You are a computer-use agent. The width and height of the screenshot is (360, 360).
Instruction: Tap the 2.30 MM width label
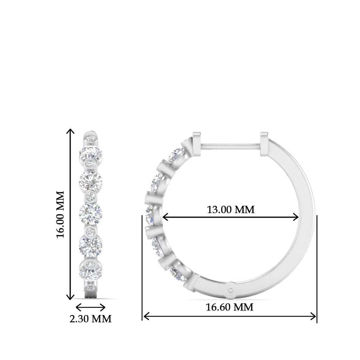point(91,319)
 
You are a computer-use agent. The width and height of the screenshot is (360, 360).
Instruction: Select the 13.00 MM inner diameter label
point(230,210)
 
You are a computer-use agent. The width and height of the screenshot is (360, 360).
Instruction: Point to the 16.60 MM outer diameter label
point(229,307)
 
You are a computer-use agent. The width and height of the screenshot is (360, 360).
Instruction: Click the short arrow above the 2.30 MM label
point(91,307)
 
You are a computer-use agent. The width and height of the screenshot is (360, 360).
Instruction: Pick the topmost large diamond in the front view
point(91,153)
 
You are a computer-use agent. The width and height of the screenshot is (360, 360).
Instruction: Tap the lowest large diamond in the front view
point(90,271)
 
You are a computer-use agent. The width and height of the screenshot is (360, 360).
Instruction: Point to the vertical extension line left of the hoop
point(142,267)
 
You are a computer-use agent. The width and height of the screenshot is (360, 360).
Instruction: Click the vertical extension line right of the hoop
point(317,267)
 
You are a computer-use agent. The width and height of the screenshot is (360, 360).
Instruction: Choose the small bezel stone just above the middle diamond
point(91,196)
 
